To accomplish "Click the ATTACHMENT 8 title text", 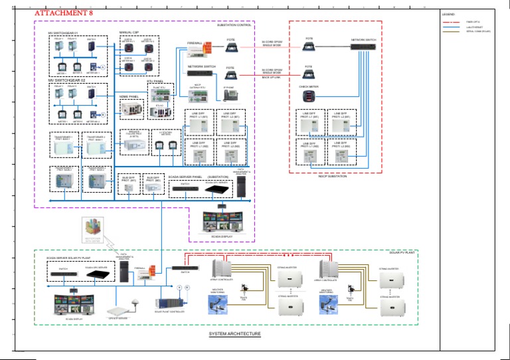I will coord(59,13).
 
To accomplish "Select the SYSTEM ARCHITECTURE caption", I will coord(234,333).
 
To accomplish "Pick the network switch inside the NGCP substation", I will coord(363,47).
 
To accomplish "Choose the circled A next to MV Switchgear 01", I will coord(103,68).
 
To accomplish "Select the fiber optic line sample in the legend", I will coord(454,22).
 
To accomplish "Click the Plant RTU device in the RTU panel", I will coord(161,92).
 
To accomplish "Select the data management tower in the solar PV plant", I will coord(124,271).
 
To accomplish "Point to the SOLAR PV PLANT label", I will coord(401,253).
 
